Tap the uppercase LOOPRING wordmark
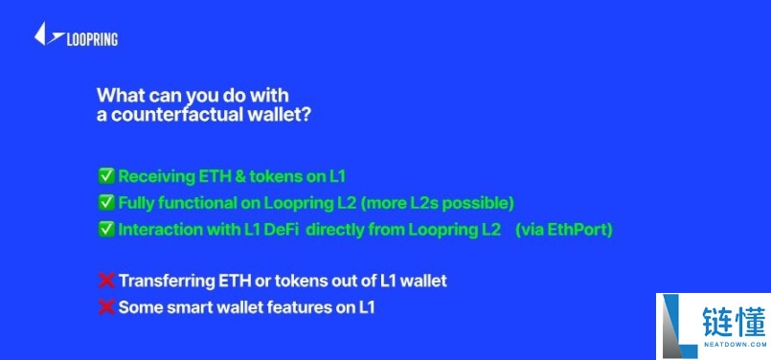[x=92, y=39]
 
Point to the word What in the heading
[x=118, y=96]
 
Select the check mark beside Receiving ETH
[x=105, y=176]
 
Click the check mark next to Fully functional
[x=105, y=203]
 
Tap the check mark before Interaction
[x=105, y=230]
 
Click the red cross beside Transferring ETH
[x=105, y=281]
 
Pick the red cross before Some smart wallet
[x=105, y=307]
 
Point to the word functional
[x=196, y=203]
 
